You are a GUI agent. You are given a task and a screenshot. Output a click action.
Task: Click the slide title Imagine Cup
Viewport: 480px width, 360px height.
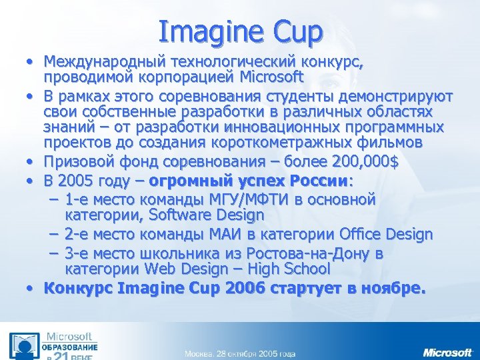click(x=240, y=31)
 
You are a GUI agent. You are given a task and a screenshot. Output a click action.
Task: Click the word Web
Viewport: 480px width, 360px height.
click(x=161, y=269)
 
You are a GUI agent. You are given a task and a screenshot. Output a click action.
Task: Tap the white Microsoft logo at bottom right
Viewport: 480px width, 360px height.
click(x=447, y=351)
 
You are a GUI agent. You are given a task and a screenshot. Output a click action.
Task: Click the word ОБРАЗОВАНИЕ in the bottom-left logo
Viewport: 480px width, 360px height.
click(x=71, y=347)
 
